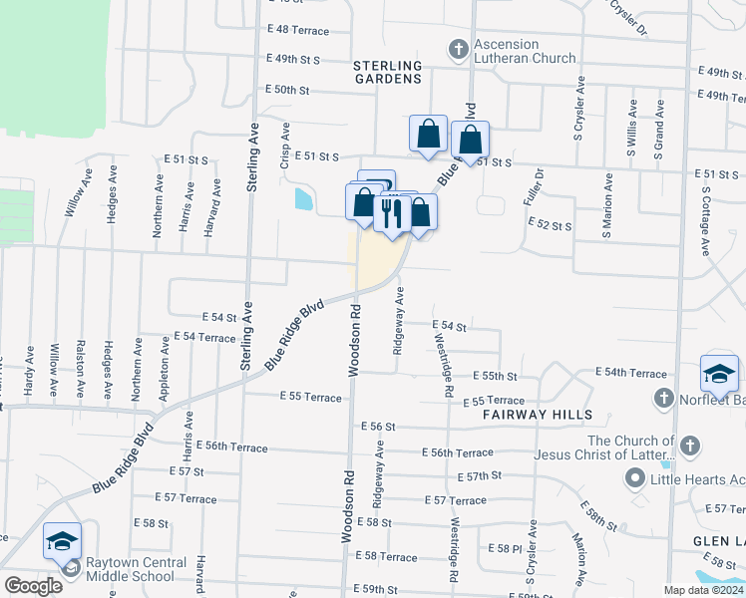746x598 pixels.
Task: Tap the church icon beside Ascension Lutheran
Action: pos(458,48)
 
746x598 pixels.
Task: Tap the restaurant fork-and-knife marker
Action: pos(391,212)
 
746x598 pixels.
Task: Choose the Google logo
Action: pos(33,587)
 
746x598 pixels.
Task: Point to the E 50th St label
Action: pos(287,90)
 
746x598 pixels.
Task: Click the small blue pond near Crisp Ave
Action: pos(302,199)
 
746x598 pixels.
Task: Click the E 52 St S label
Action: pos(550,226)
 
